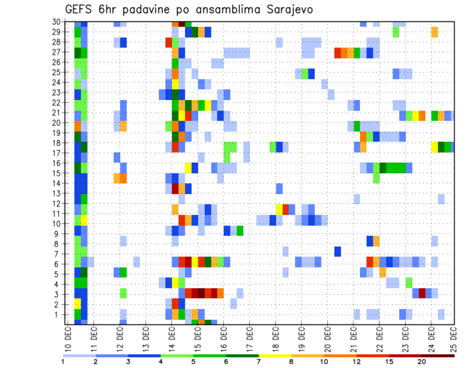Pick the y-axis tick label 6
[x=58, y=264]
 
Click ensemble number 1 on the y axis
[x=58, y=314]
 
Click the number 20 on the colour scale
[x=422, y=362]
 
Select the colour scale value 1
[x=63, y=362]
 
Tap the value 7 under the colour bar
[x=259, y=362]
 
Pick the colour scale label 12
[x=357, y=362]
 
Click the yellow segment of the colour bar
[x=275, y=356]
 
